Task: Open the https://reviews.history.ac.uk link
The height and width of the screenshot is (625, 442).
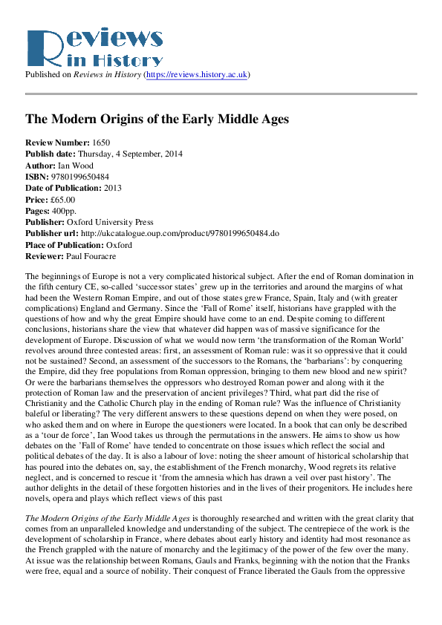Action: (198, 75)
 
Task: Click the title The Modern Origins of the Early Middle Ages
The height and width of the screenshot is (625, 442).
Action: (157, 119)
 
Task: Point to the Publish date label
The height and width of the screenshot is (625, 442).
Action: (50, 154)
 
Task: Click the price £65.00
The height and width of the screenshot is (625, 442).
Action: (61, 200)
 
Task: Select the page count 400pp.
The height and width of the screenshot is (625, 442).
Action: (66, 212)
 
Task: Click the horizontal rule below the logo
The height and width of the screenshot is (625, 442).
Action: (221, 94)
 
